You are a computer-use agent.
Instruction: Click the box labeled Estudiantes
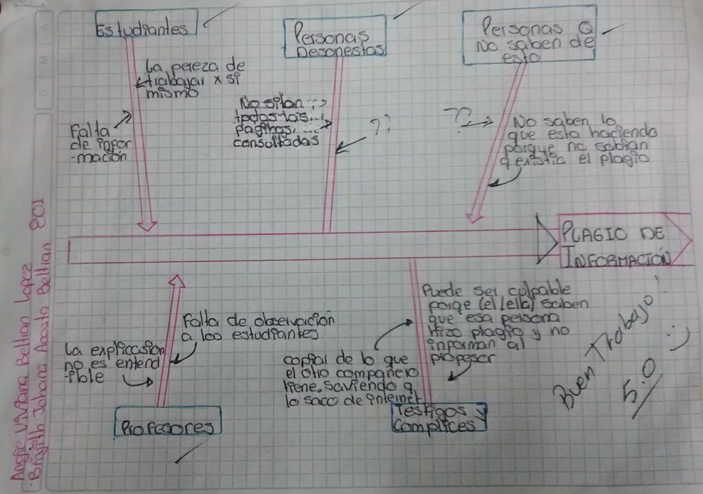tap(146, 27)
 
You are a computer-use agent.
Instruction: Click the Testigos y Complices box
tap(438, 419)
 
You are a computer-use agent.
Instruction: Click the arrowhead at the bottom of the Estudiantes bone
tap(147, 226)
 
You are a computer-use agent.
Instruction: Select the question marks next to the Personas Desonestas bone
tap(380, 126)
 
